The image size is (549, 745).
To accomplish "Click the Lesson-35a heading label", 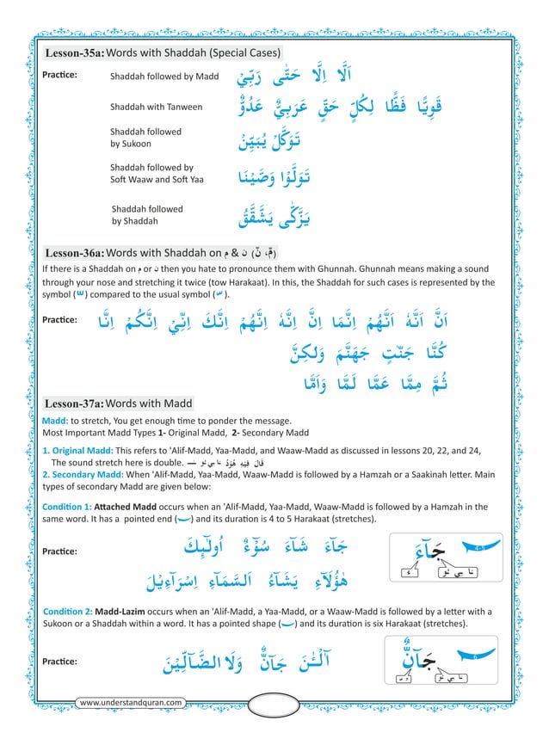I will (75, 53).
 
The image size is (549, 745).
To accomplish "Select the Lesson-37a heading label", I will (75, 403).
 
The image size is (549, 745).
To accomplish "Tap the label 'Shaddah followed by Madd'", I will (164, 77).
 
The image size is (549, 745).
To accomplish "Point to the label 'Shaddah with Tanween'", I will (157, 107).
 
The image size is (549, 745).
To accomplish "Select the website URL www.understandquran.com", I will (131, 703).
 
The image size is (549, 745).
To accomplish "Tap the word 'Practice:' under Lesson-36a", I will (60, 320).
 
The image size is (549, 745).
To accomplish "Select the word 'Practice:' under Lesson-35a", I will (60, 76).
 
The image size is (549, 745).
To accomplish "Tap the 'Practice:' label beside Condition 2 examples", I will (60, 662).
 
